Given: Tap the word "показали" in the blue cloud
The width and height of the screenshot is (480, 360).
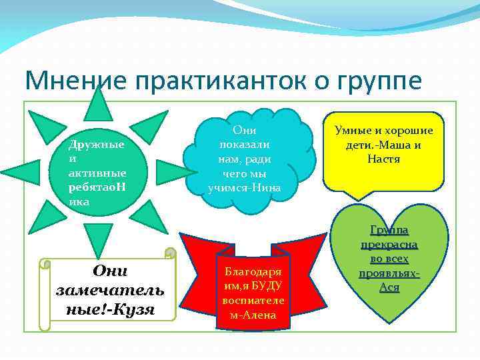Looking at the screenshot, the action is [x=243, y=145].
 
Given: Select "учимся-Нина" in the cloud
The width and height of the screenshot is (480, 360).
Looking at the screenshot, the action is [x=244, y=187].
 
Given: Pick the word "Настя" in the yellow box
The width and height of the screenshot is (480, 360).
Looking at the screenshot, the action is [x=383, y=159].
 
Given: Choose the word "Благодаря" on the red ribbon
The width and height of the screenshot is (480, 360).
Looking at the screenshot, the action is [x=253, y=272].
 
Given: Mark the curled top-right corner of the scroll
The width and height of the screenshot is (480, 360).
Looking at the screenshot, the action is [x=170, y=253].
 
